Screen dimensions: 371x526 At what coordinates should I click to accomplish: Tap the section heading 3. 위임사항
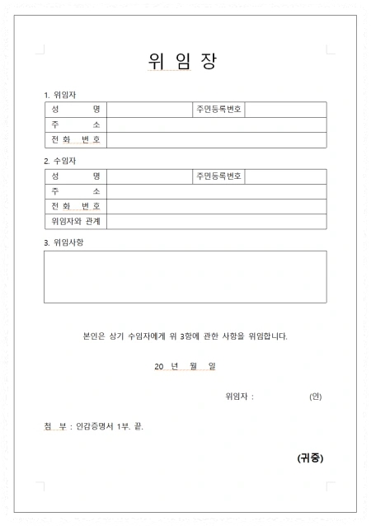pos(64,243)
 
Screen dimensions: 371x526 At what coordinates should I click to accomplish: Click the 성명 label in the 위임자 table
pos(75,110)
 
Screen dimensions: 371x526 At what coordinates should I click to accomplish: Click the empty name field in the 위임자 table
pos(149,110)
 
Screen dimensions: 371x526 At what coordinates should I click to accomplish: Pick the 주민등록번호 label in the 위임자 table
pos(218,110)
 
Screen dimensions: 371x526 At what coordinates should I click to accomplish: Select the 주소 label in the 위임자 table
pos(75,124)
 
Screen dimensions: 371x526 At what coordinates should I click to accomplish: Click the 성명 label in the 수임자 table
pos(75,176)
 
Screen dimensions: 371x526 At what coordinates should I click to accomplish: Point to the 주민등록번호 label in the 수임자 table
pos(218,176)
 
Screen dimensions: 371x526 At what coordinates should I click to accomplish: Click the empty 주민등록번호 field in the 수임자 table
pos(285,176)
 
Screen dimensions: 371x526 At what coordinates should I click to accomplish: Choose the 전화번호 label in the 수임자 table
pos(75,206)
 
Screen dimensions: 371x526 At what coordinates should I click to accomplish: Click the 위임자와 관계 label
pos(75,222)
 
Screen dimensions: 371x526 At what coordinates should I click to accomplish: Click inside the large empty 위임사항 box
pos(185,277)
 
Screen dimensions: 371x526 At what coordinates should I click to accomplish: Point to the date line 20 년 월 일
pos(185,366)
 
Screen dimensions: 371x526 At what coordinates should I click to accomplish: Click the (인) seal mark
pos(315,397)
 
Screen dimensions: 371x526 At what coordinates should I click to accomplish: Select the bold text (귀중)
pos(310,458)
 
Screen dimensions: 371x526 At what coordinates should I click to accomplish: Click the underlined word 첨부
pos(55,427)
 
